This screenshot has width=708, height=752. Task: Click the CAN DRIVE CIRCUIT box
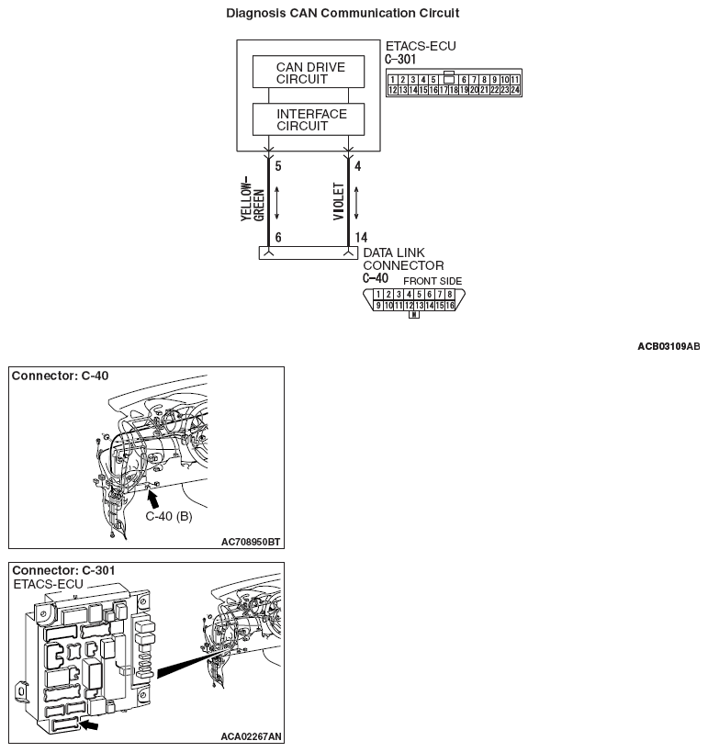(x=308, y=73)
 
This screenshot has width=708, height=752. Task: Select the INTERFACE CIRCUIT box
(x=308, y=119)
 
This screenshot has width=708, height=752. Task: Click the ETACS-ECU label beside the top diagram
(x=421, y=47)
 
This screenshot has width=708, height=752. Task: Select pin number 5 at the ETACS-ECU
(x=278, y=167)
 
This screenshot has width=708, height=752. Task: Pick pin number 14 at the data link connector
(x=361, y=237)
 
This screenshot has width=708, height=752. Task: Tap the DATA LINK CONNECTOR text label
(x=403, y=259)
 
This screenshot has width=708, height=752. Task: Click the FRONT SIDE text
(x=433, y=281)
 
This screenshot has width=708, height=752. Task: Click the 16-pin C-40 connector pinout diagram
(x=414, y=299)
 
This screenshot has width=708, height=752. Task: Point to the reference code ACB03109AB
(x=668, y=346)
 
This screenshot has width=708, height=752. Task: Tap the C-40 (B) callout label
(x=169, y=516)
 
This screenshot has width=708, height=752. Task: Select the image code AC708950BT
(x=251, y=542)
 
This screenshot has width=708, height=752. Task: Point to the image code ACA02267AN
(x=251, y=736)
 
